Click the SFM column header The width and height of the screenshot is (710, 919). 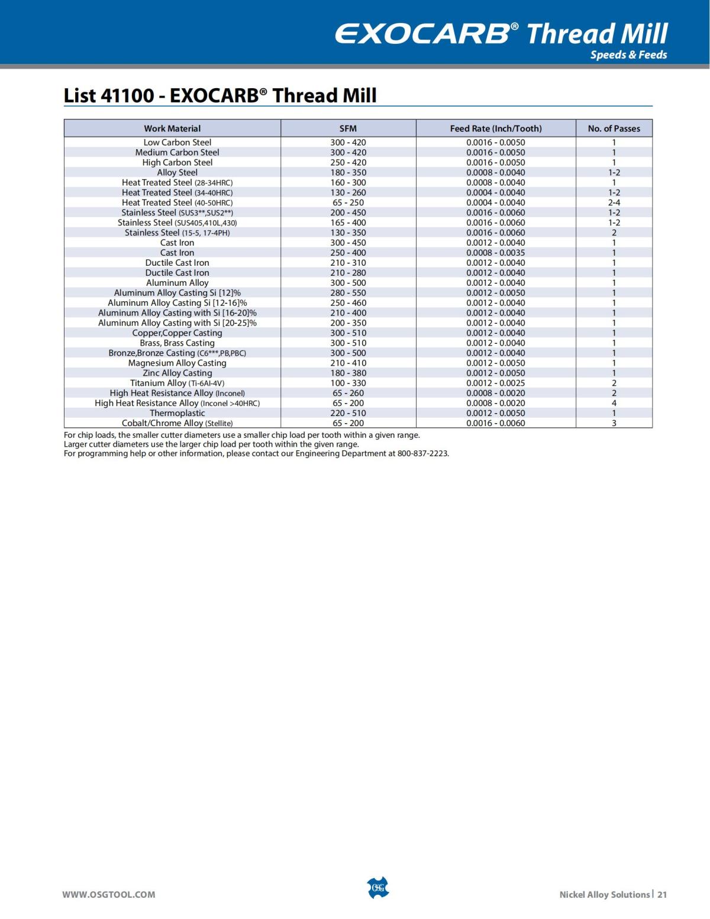348,128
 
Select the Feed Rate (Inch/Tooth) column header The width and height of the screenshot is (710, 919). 496,128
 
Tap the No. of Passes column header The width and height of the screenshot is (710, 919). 614,128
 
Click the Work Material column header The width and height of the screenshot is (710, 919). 172,128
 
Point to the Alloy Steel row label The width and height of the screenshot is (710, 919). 177,172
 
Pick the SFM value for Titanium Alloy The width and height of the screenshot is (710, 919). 348,383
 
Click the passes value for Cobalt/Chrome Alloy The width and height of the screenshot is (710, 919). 614,423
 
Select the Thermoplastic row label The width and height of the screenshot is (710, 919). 177,413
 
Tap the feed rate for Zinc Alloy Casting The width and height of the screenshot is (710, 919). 495,373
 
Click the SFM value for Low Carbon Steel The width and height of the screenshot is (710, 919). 348,142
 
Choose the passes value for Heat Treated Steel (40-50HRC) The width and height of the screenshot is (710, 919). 614,202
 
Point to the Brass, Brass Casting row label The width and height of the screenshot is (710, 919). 177,343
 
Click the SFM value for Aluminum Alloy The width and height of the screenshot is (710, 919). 348,283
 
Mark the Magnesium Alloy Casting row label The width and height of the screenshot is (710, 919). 177,363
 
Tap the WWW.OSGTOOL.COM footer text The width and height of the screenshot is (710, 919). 109,894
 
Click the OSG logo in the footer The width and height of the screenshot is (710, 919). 378,888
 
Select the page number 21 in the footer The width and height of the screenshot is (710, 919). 662,894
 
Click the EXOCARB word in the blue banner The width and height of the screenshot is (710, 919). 422,34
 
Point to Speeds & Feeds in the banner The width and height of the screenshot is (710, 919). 628,55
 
